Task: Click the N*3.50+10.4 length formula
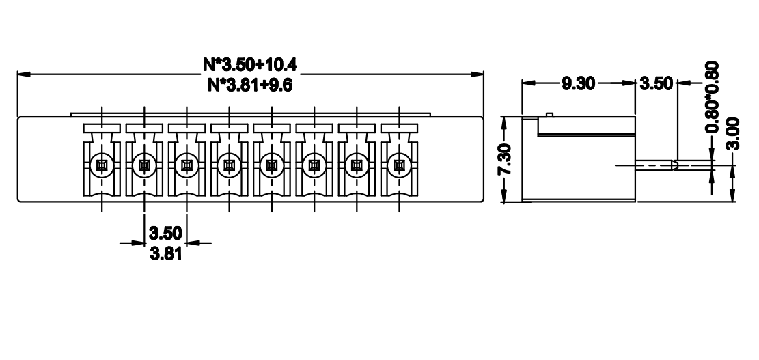[250, 64]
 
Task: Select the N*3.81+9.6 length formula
[250, 85]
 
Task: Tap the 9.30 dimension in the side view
[578, 83]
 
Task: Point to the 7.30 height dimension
[504, 158]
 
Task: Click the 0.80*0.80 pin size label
[712, 97]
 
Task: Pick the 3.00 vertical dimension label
[733, 134]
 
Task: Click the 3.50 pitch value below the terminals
[165, 233]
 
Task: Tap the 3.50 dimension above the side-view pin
[657, 83]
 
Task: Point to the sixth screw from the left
[314, 166]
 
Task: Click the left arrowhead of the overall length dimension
[23, 74]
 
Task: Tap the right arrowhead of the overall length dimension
[478, 74]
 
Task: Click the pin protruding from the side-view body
[656, 165]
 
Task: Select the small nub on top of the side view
[549, 115]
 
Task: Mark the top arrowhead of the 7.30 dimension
[504, 123]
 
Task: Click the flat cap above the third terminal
[187, 128]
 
